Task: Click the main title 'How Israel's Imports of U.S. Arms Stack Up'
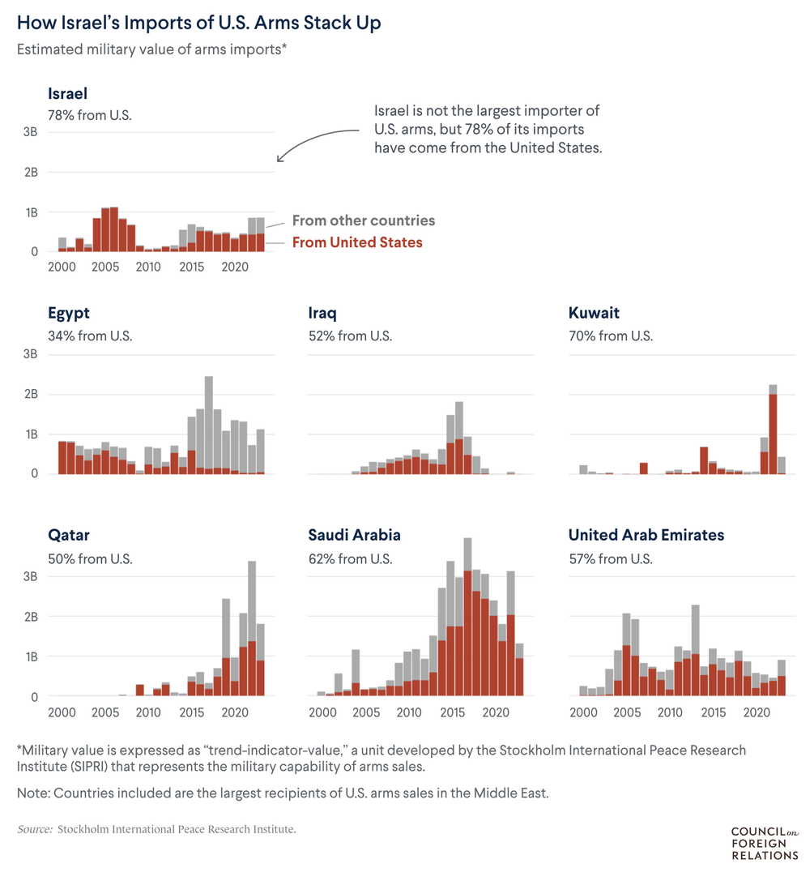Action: click(x=198, y=23)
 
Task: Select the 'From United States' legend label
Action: click(x=356, y=242)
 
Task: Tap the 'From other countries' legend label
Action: click(x=363, y=220)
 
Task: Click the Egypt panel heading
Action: click(x=69, y=313)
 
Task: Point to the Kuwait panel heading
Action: click(x=594, y=313)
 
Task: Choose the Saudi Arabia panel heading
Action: click(x=354, y=535)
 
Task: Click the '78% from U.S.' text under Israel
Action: click(x=89, y=115)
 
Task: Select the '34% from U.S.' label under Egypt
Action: click(x=89, y=336)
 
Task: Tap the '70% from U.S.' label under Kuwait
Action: click(x=610, y=336)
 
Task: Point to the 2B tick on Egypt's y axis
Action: click(x=30, y=395)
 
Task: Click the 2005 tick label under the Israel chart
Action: click(x=104, y=267)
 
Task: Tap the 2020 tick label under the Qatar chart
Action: click(x=234, y=712)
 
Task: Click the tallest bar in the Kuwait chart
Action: click(x=773, y=430)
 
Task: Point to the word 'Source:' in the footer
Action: click(x=35, y=829)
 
